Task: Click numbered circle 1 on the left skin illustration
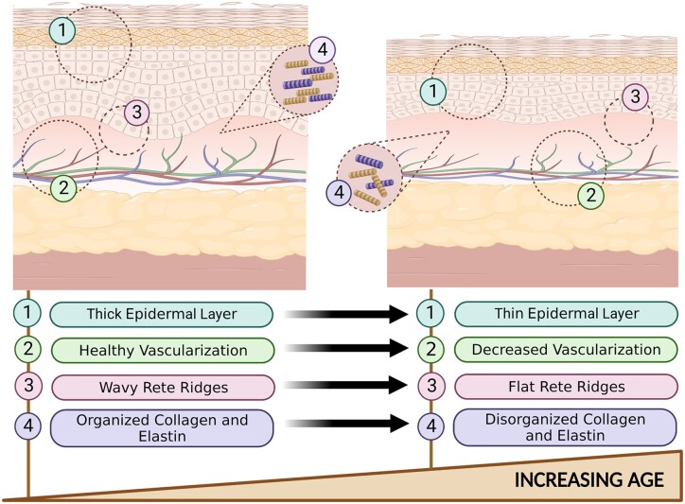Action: click(x=62, y=30)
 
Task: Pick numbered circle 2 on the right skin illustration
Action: click(x=590, y=196)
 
